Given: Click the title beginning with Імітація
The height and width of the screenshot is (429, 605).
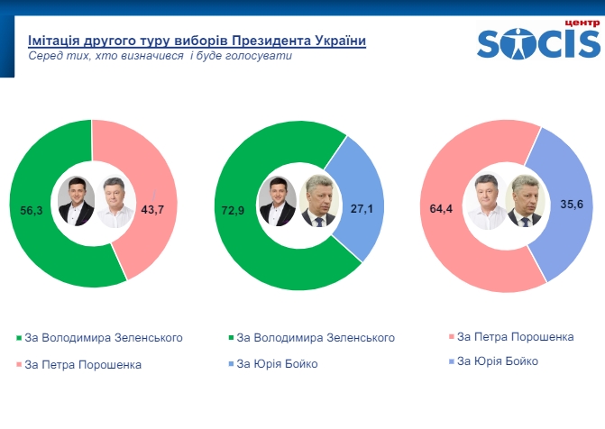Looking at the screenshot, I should (197, 41).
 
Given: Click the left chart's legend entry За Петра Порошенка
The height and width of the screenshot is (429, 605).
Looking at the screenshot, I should (83, 365).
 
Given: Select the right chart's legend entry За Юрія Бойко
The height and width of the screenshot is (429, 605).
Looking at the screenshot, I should (498, 361).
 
